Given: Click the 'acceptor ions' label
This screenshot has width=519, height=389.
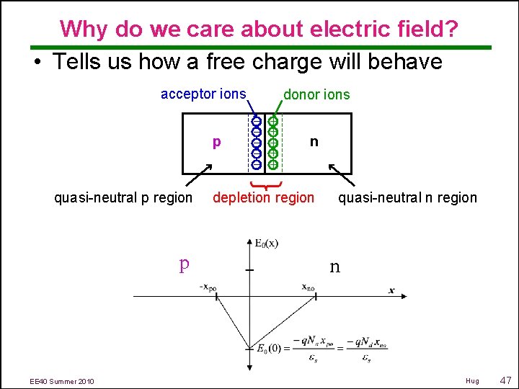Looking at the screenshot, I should (x=203, y=94).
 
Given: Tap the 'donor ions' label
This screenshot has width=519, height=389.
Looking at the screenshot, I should (x=316, y=94).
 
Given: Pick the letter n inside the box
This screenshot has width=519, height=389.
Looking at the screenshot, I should (x=314, y=141).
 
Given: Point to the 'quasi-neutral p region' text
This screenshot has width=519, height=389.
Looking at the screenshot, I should (x=123, y=197).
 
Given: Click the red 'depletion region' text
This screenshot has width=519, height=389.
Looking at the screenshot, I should (x=263, y=197).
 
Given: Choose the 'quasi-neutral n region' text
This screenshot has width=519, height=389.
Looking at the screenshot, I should (x=407, y=197).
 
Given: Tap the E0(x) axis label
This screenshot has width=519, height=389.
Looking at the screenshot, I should (x=267, y=243).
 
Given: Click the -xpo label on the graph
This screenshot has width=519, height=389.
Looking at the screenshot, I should (x=208, y=287).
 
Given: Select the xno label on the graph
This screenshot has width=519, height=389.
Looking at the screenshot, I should (x=308, y=287).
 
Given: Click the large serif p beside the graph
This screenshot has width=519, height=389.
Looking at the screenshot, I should (x=184, y=264).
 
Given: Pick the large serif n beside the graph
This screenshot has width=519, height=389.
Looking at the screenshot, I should (x=334, y=267).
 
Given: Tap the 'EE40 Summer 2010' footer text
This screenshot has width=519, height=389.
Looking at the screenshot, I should (x=62, y=380).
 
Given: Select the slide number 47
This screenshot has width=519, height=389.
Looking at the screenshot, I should (x=505, y=380).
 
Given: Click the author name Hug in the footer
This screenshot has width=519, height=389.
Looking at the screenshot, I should (x=472, y=380).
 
